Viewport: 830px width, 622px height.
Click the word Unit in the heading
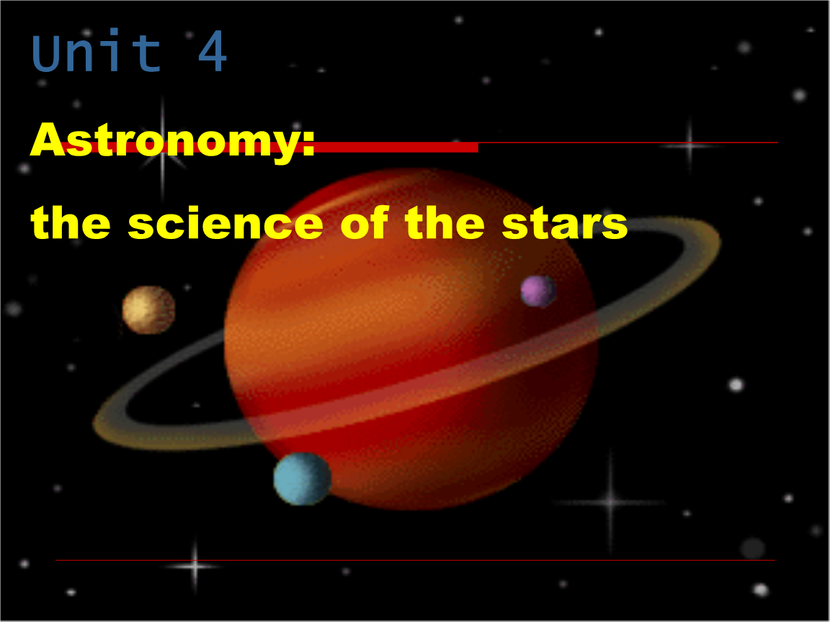(x=97, y=53)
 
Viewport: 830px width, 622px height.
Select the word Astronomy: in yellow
(x=173, y=140)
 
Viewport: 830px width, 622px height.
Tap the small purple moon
(x=538, y=291)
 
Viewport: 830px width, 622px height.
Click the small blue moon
(x=302, y=478)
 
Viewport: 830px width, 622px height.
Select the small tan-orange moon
(x=148, y=310)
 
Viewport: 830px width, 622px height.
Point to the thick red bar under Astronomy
(x=396, y=148)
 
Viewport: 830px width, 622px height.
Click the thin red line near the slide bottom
(x=415, y=560)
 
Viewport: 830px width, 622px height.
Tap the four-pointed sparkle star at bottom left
(x=195, y=566)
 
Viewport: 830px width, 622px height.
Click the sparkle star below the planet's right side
(x=611, y=501)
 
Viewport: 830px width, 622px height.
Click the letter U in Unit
(x=47, y=53)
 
